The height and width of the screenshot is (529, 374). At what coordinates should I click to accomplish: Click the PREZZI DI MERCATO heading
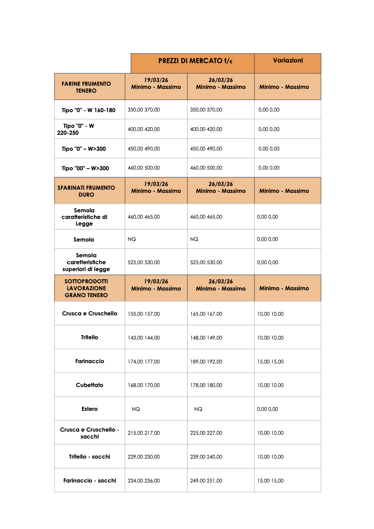tap(195, 61)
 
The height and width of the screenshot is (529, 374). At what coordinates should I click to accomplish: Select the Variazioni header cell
tap(288, 60)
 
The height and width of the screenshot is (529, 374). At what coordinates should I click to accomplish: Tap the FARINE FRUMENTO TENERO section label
tap(86, 87)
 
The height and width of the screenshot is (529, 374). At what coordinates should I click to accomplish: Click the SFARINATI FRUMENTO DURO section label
tap(86, 191)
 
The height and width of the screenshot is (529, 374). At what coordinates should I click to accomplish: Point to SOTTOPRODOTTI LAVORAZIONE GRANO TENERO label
tap(86, 288)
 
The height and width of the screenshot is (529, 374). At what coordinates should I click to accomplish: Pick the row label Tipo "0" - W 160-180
tap(88, 110)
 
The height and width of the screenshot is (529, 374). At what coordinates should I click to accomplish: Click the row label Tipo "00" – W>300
tap(85, 168)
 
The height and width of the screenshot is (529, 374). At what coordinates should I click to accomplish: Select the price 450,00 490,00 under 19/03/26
tap(144, 149)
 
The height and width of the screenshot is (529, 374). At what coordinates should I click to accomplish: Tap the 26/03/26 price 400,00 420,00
tap(206, 129)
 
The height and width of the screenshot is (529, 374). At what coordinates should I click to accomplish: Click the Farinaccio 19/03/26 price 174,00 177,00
tap(144, 362)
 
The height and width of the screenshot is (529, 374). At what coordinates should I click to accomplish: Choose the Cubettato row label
tap(90, 385)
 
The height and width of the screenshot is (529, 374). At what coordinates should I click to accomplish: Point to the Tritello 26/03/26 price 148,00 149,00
tap(206, 338)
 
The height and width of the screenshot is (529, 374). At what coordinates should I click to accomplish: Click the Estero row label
tap(90, 409)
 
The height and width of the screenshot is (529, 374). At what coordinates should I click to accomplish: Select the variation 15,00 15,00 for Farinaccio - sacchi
tap(270, 481)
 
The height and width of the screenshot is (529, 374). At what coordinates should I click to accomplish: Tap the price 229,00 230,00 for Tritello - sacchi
tap(144, 457)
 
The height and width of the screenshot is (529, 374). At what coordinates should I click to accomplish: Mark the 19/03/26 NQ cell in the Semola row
tap(132, 239)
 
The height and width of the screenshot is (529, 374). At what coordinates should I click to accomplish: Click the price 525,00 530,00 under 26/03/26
tap(206, 262)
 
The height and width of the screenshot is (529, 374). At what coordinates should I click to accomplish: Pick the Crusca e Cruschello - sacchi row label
tap(90, 433)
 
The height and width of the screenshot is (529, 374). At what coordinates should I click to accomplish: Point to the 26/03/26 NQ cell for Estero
tap(198, 409)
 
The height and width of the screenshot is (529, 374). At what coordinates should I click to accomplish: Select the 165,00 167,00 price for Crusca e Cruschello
tap(206, 314)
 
